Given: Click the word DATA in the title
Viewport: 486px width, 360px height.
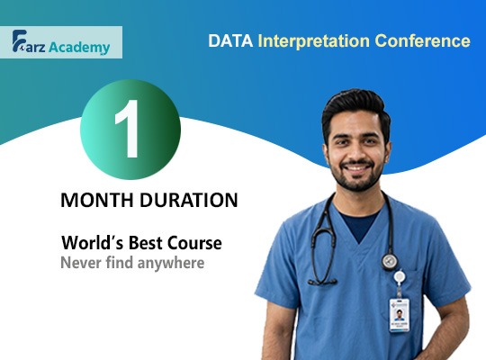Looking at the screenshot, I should point(229,41).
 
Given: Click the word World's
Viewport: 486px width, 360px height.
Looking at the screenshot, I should point(92,243).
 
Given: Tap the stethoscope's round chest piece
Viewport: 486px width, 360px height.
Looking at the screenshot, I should point(390,261).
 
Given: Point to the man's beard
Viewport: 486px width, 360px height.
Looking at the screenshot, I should point(357,180).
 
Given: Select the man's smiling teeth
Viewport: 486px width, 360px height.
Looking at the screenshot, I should point(357,169).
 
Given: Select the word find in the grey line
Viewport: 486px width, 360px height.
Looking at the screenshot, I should point(117,264).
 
